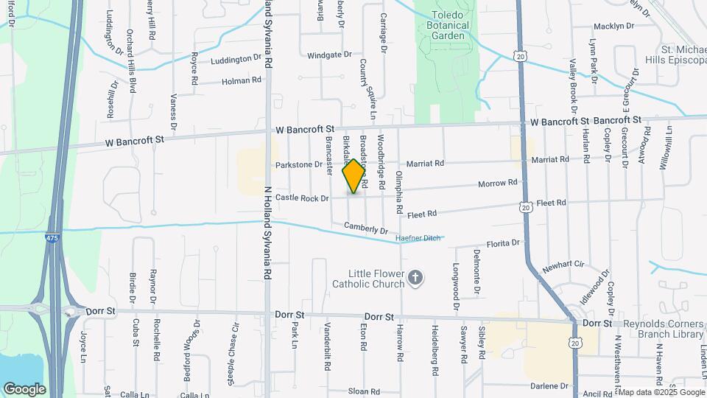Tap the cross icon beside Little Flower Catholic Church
pyautogui.click(x=415, y=278)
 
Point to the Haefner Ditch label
pyautogui.click(x=418, y=238)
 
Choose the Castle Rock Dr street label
pyautogui.click(x=302, y=198)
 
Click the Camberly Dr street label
pyautogui.click(x=365, y=230)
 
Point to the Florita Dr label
pyautogui.click(x=503, y=242)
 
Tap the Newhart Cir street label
pyautogui.click(x=563, y=264)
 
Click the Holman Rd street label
pyautogui.click(x=242, y=80)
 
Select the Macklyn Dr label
pyautogui.click(x=613, y=26)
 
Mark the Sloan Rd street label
pyautogui.click(x=364, y=391)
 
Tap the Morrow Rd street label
pyautogui.click(x=498, y=183)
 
